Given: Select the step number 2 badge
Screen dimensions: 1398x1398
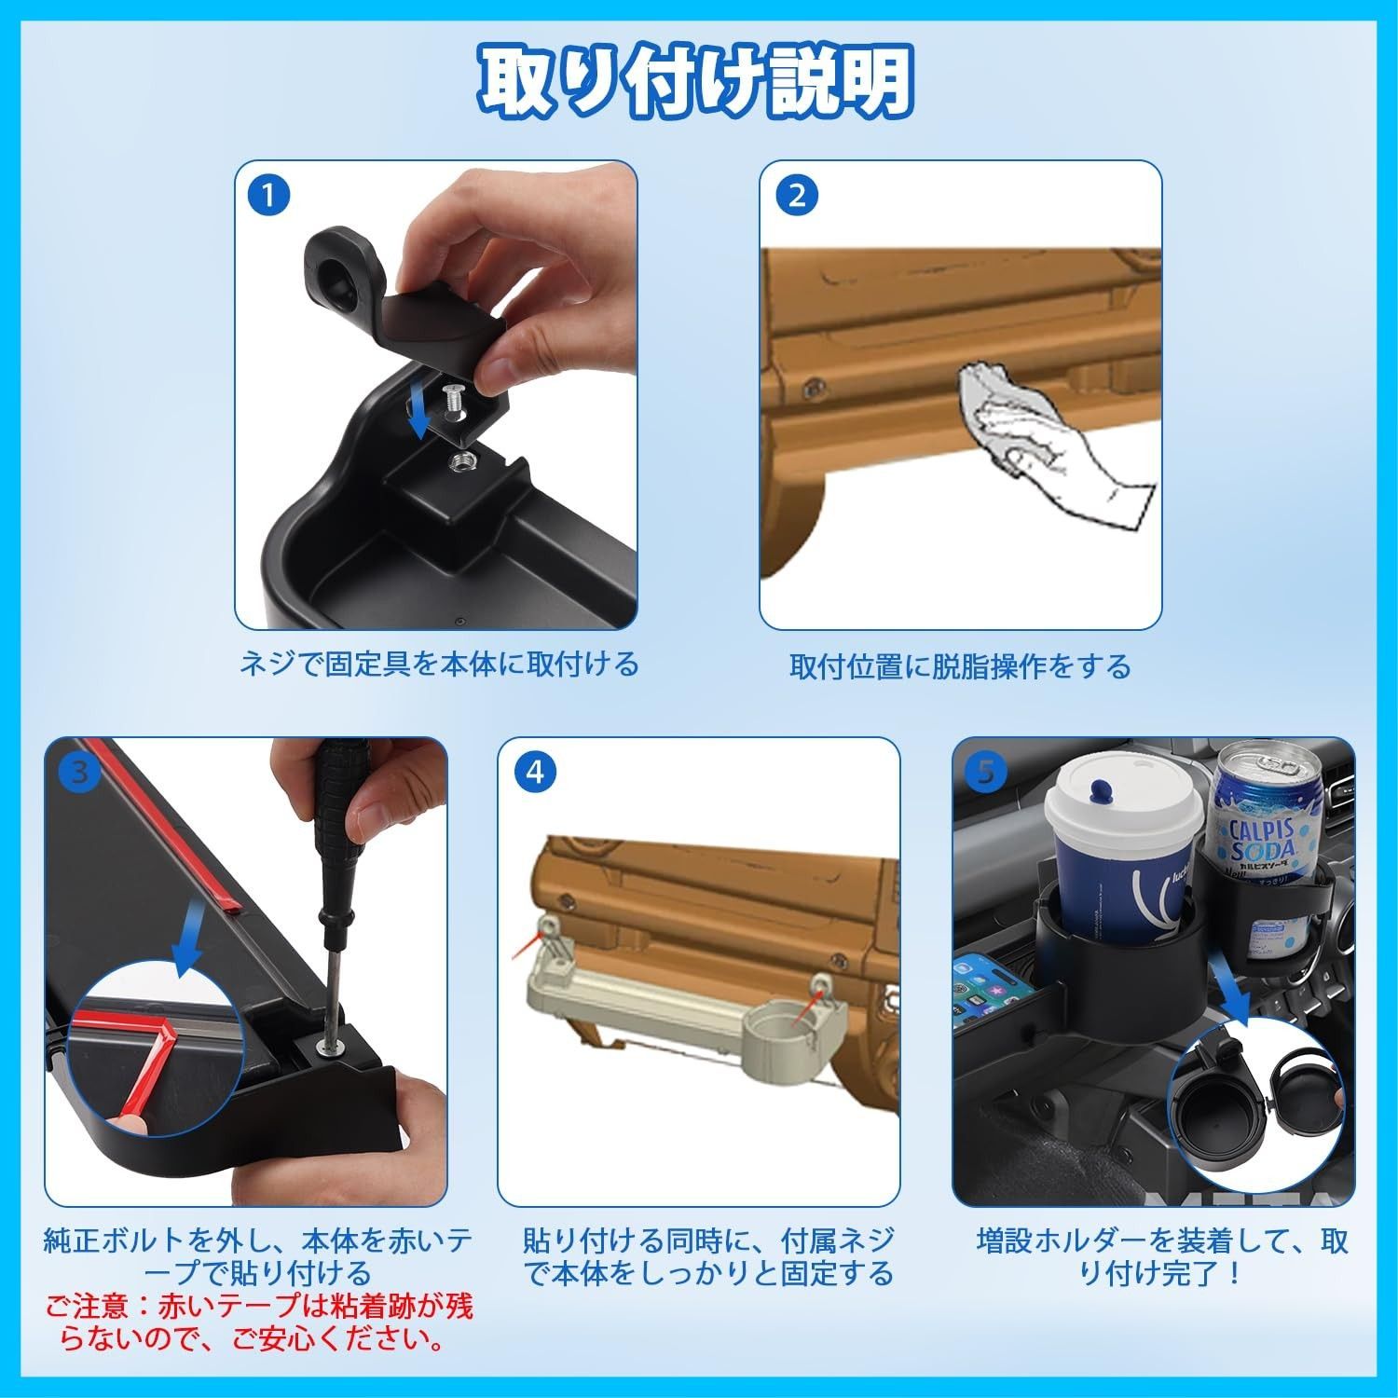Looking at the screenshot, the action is coord(796,196).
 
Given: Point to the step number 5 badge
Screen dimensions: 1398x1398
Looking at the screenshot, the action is coord(988,772).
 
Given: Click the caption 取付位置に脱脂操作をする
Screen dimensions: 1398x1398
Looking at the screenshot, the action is coord(960,666).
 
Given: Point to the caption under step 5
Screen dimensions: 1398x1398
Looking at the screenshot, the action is coord(1161,1256).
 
